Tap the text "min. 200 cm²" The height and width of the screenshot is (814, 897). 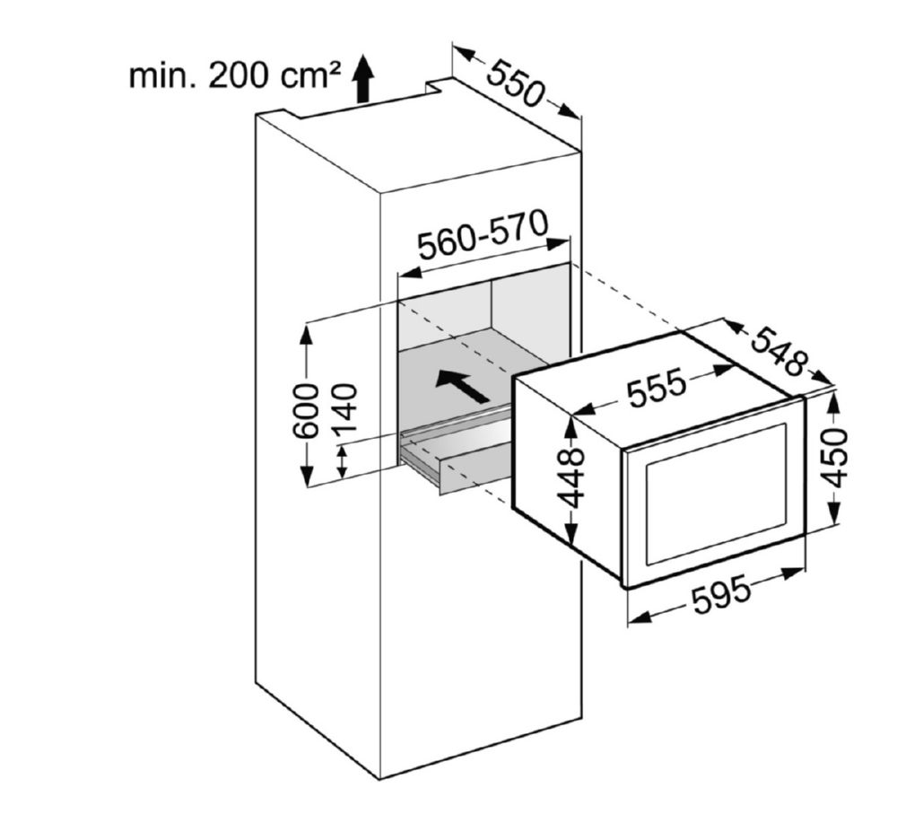pos(234,75)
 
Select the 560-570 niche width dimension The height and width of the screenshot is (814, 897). pos(483,234)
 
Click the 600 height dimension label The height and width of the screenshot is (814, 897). pos(306,411)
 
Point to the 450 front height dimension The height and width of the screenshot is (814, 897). pos(834,457)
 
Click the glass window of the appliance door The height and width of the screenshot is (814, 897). pos(716,494)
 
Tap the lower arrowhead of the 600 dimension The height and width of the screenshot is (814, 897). pos(307,476)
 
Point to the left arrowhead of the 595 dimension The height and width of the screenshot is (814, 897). pos(640,617)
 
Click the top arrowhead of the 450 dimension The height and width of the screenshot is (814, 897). pos(834,400)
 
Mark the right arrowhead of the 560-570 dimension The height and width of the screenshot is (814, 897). pos(558,243)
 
